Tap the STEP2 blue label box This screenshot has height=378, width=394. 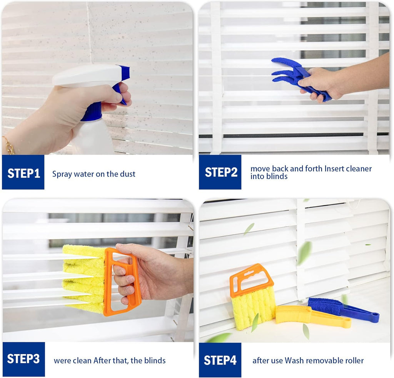[x=220, y=172]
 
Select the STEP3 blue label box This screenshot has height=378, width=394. [x=23, y=359]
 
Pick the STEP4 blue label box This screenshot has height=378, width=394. [x=220, y=360]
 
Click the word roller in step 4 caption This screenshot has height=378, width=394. [x=354, y=360]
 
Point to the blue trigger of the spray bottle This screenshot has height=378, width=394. [x=119, y=92]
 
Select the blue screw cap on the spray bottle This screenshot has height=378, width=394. [x=92, y=111]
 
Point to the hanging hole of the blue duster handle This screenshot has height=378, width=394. [x=373, y=317]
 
